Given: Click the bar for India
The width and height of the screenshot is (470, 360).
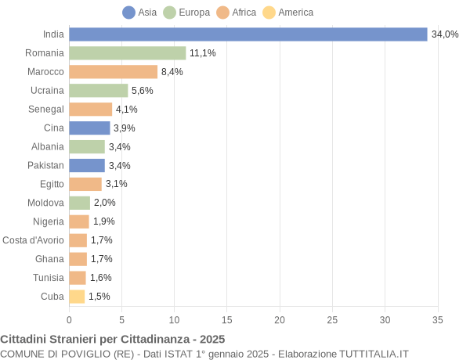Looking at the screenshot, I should coord(248,34).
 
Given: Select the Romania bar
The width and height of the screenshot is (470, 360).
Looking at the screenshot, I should coord(127,53).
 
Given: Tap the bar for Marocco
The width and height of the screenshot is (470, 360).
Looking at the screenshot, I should coord(113,72).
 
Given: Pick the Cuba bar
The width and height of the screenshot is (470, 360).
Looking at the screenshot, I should coord(77,297).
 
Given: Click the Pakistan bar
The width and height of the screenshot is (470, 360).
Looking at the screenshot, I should coord(87,165).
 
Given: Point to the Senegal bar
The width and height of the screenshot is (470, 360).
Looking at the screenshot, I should coord(90,110).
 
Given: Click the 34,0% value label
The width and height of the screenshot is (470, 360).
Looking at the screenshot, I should coord(445,34).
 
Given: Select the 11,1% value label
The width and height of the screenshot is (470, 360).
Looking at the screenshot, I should coord(202,53).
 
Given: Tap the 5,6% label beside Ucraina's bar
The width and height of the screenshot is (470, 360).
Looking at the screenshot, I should coord(142,91).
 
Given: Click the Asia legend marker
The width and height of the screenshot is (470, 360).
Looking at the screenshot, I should coord(128,13).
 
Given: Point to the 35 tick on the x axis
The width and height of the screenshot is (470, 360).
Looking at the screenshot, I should coord(438,319).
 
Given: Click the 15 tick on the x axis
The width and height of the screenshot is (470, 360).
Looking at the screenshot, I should coord(227,319).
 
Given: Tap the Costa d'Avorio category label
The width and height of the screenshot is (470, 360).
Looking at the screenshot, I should coord(33,240).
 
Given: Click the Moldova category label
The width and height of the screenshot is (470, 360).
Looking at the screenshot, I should coord(46,203).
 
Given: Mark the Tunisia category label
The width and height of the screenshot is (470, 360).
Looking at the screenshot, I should coord(49,278).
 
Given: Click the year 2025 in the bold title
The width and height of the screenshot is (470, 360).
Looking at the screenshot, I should coord(211,339).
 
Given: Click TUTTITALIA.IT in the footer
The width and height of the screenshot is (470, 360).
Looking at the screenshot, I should coord(374,354).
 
